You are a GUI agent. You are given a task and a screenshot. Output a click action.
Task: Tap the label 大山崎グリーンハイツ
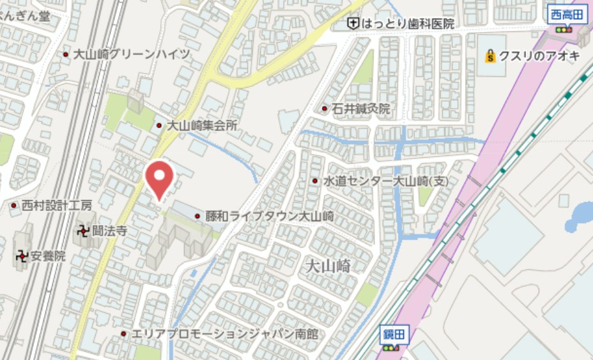(132, 54)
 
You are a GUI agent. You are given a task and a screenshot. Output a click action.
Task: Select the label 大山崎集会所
(202, 126)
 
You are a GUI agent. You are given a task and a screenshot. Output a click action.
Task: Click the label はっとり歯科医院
(408, 24)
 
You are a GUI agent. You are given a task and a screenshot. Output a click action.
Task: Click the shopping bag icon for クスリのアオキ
(490, 56)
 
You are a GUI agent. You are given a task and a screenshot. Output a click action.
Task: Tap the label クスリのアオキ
(539, 56)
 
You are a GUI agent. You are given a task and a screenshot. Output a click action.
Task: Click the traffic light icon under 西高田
(563, 29)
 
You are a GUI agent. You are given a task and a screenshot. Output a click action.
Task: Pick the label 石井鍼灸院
(361, 109)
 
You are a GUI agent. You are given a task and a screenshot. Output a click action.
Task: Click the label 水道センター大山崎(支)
(386, 182)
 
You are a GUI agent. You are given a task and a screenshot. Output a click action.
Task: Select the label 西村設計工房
(57, 206)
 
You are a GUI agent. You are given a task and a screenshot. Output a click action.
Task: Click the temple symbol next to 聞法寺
(83, 231)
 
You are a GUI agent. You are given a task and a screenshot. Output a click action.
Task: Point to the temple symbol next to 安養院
(22, 256)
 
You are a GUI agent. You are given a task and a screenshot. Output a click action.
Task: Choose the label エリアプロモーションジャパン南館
(224, 334)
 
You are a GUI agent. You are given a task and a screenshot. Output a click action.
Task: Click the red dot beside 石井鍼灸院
(325, 109)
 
